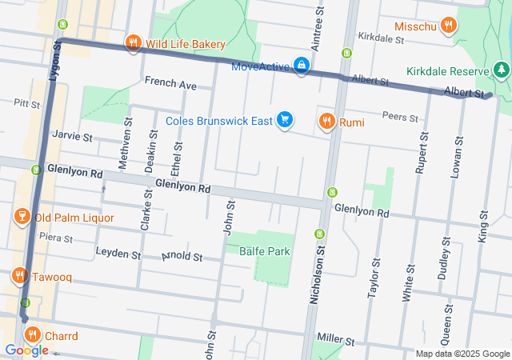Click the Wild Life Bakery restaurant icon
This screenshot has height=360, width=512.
click(x=134, y=43)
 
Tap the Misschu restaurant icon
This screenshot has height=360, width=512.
click(x=450, y=26)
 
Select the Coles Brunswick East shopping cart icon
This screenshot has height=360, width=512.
click(x=285, y=121)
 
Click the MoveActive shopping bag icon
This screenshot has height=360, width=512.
click(x=301, y=65)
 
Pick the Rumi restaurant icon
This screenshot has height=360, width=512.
click(x=326, y=122)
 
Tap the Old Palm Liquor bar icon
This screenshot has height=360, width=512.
click(x=22, y=217)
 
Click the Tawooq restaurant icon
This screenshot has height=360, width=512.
click(x=19, y=276)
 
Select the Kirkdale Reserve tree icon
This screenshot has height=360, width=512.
click(x=502, y=71)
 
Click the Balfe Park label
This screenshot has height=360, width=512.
click(x=267, y=251)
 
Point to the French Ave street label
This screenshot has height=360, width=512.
click(x=170, y=83)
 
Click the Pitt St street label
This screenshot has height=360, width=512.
click(x=26, y=103)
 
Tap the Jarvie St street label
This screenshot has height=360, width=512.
click(x=72, y=136)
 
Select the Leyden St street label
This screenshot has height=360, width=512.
click(x=118, y=254)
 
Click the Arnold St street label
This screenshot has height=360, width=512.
click(x=182, y=258)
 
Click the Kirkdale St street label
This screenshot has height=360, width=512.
click(x=379, y=37)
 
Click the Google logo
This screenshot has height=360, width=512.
click(x=26, y=350)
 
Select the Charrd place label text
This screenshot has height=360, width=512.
click(x=61, y=336)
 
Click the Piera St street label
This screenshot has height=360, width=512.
click(x=55, y=238)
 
